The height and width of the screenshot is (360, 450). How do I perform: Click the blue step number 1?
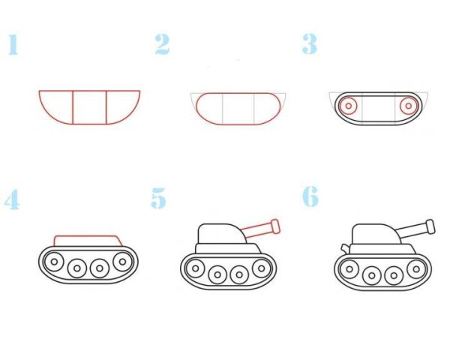(x=13, y=44)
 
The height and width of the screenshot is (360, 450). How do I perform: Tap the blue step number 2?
(x=162, y=44)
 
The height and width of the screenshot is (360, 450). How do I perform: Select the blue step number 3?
(x=309, y=44)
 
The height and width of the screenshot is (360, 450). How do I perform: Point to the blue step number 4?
(x=11, y=199)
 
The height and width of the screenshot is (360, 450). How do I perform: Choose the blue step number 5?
(x=158, y=199)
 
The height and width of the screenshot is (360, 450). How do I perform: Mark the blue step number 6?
(x=310, y=197)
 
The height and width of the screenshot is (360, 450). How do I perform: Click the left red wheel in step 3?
(x=348, y=106)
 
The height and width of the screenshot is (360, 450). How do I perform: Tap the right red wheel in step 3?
(x=408, y=106)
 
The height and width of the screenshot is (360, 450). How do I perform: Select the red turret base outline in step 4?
(x=87, y=239)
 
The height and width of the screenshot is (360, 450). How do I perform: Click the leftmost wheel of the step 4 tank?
(x=55, y=262)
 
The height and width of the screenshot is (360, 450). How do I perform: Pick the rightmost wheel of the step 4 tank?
(x=121, y=262)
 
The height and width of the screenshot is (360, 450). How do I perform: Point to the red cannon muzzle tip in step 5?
(x=275, y=225)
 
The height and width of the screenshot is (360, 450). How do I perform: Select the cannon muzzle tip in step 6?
(x=430, y=225)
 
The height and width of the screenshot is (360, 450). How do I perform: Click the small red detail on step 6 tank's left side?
(x=344, y=247)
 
